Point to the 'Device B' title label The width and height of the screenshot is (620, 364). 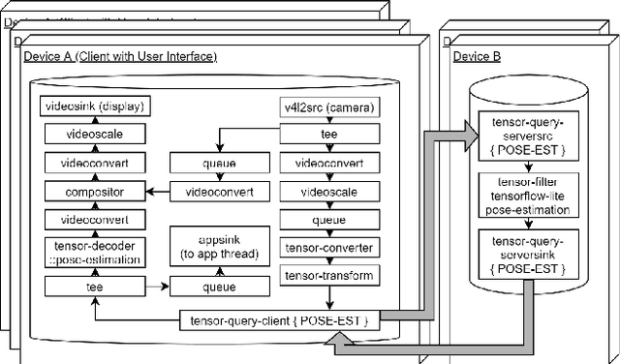(478, 57)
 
